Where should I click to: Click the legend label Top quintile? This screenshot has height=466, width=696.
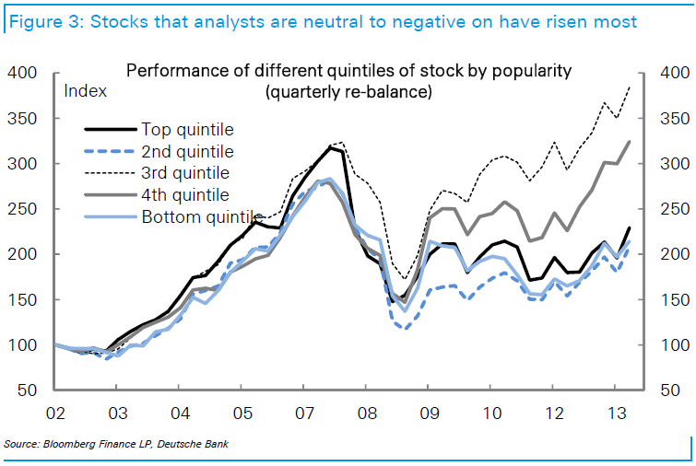pos(187,129)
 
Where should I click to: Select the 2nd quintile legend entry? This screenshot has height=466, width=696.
pos(187,151)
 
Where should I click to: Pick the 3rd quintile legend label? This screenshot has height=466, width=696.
pos(186,172)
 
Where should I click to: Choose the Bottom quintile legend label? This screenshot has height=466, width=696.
pos(196,217)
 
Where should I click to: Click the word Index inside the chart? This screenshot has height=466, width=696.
pos(85,90)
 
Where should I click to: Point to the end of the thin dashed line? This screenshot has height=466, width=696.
pos(630,87)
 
